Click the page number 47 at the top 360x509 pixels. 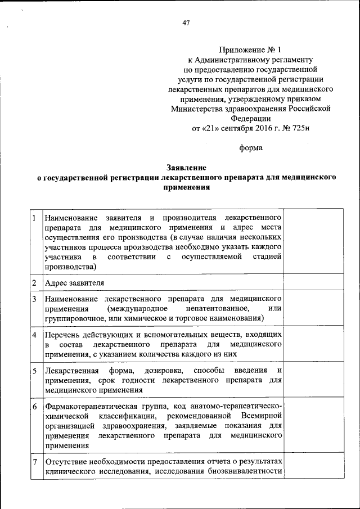coord(186,22)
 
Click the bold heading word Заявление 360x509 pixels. coord(186,168)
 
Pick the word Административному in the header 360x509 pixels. coord(236,59)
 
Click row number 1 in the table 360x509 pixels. coord(35,218)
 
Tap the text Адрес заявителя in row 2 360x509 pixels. coord(74,282)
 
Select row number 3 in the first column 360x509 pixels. coord(35,298)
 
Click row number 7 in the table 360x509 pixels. coord(35,462)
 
